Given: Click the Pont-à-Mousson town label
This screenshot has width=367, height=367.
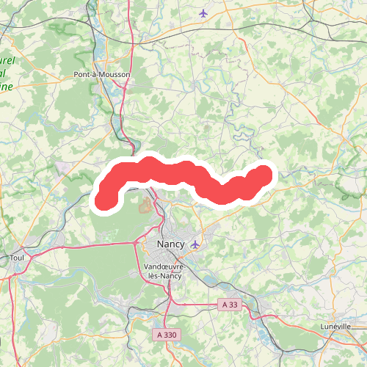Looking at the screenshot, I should click(102, 74).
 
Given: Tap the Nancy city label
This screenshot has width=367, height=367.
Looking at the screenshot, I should click(171, 244).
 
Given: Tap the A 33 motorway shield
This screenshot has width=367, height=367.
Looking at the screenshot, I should click(230, 304).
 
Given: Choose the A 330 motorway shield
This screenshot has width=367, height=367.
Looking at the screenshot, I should click(168, 334).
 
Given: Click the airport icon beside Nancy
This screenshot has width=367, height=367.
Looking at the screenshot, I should click(195, 244).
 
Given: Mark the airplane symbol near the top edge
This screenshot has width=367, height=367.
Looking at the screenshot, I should click(203, 12).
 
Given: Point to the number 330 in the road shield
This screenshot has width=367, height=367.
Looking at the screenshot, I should click(171, 334).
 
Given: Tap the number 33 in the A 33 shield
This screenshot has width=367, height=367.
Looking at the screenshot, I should click(233, 304).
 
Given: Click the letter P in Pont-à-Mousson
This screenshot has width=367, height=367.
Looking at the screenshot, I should click(76, 74).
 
